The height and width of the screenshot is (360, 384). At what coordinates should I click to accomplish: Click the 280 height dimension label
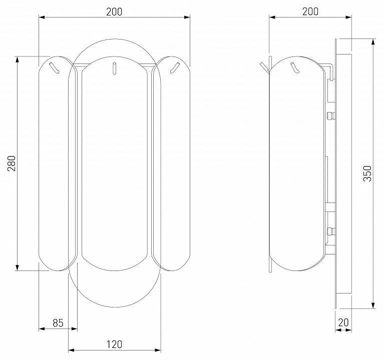tap(12, 163)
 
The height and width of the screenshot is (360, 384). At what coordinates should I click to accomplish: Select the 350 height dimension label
tap(367, 173)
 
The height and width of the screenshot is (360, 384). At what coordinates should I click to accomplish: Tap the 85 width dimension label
tap(58, 323)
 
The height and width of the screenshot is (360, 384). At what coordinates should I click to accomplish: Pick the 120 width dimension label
tap(114, 344)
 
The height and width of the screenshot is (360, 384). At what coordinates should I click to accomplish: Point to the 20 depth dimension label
tap(343, 322)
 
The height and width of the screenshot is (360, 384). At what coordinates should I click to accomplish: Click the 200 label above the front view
tap(114, 11)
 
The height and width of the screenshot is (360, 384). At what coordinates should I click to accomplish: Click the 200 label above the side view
tap(310, 11)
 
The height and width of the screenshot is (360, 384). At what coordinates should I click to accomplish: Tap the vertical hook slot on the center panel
tap(114, 68)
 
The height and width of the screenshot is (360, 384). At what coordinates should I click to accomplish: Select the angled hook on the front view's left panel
tap(55, 67)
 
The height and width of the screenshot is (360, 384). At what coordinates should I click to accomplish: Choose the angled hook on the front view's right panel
tap(175, 67)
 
